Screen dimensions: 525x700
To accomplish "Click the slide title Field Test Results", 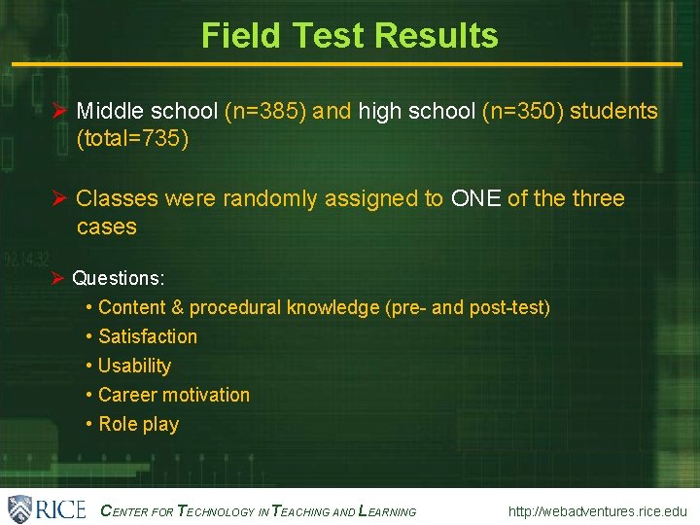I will tap(349, 36).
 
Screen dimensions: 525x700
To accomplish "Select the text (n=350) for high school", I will tap(523, 112).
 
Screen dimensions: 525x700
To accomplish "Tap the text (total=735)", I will tap(132, 140).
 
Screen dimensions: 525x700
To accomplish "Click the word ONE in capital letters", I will tap(475, 199).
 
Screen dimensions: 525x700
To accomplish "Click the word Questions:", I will tap(119, 278).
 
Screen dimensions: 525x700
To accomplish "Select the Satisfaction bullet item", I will tap(147, 336).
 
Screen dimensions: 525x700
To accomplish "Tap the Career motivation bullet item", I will tap(173, 395).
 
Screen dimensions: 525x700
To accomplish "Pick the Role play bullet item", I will tap(138, 424).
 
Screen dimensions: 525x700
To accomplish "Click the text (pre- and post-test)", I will tap(468, 307).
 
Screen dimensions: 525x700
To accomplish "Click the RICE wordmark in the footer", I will tap(61, 509).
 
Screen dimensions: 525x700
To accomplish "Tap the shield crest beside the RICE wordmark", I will tap(20, 509).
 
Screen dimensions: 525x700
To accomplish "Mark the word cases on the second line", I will tap(106, 227).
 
